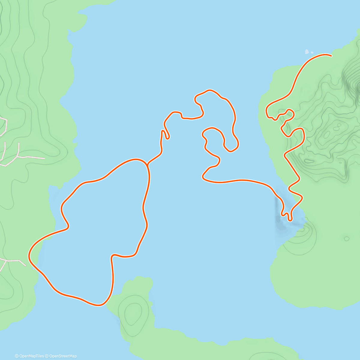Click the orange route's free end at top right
pos(331,55)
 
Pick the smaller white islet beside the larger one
pos(312,52)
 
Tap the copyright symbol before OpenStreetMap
pos(47,356)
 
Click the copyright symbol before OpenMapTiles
pos(17,356)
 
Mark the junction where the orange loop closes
pos(147,164)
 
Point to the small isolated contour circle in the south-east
pos(346,238)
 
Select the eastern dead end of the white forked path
pos(44,158)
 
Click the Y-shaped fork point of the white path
pos(19,156)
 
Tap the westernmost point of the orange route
pos(29,256)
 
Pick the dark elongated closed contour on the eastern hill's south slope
pos(309,161)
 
